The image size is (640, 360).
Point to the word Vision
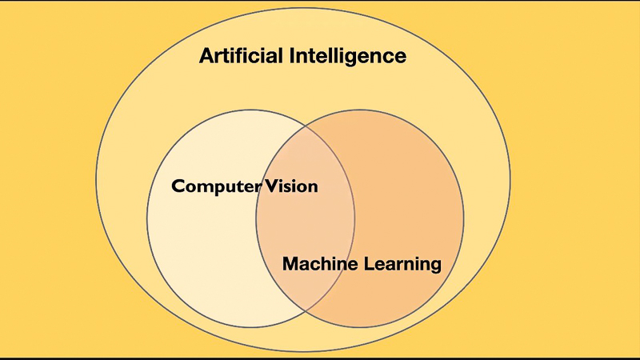[291, 186]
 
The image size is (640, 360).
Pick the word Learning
[403, 263]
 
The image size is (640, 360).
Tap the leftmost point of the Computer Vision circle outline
[147, 219]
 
